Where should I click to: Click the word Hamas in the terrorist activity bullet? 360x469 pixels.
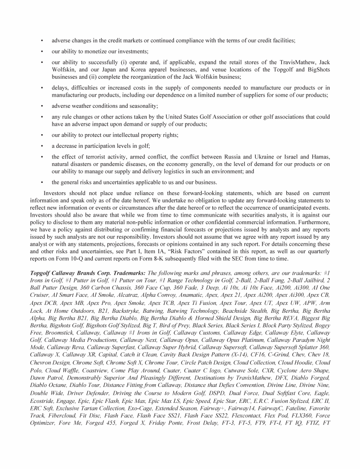tap(320, 157)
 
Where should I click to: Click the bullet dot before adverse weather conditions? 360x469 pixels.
tap(42, 106)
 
